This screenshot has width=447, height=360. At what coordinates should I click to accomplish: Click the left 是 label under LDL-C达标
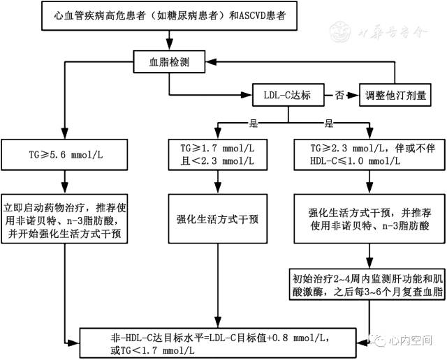click(254, 123)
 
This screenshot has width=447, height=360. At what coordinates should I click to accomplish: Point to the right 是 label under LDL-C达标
click(328, 123)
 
